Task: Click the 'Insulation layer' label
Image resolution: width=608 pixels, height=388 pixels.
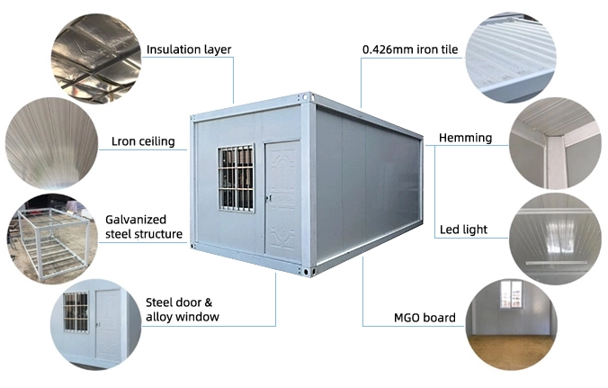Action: click(188, 50)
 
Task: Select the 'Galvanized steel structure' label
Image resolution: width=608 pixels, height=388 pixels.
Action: click(145, 225)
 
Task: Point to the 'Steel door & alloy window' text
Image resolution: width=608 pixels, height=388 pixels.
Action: click(182, 309)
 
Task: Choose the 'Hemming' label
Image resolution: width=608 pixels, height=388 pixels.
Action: click(465, 138)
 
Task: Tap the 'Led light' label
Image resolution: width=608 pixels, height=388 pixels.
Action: click(464, 230)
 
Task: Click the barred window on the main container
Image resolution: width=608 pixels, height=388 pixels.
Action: click(236, 177)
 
